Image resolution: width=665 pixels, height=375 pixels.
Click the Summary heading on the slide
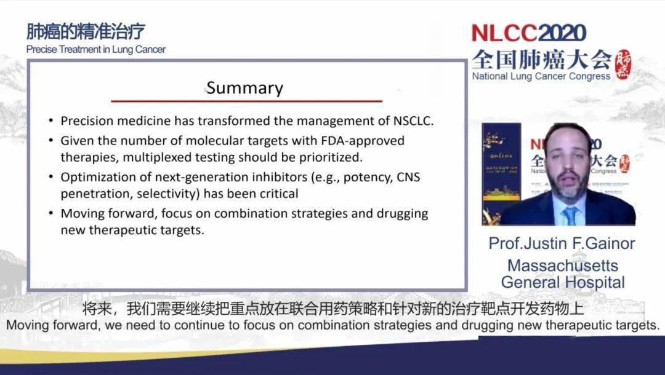pyautogui.click(x=244, y=88)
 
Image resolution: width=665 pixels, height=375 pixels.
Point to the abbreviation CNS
pyautogui.click(x=408, y=177)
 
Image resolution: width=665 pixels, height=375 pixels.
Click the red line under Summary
pyautogui.click(x=246, y=101)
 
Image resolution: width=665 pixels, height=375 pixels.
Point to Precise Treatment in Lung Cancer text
pyautogui.click(x=95, y=50)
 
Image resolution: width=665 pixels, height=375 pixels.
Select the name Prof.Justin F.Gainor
pyautogui.click(x=562, y=243)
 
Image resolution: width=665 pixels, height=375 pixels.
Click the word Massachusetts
pyautogui.click(x=562, y=266)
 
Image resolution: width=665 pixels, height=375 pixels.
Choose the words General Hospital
pyautogui.click(x=562, y=282)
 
